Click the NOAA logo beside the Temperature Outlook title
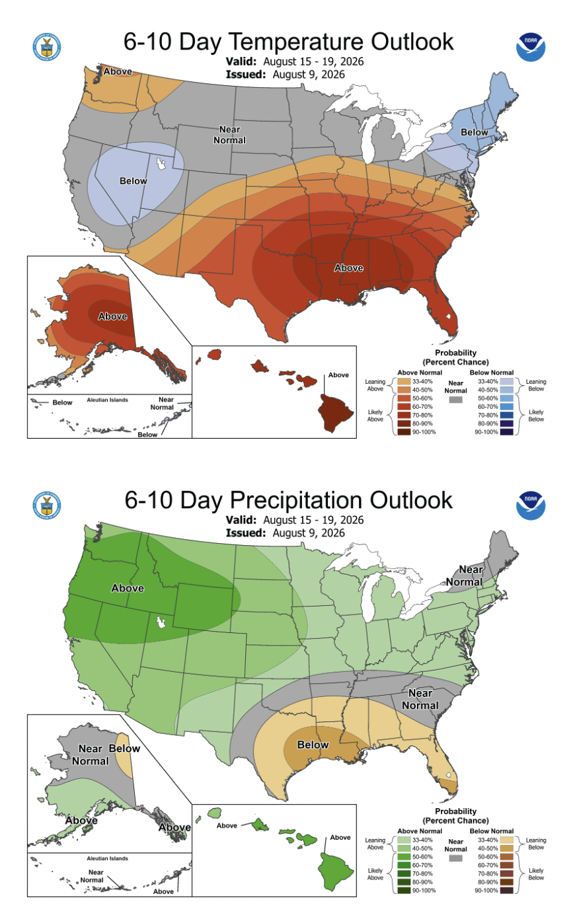(531, 48)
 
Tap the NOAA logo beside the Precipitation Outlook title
(531, 505)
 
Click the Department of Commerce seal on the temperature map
(47, 46)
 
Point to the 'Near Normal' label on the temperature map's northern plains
(229, 135)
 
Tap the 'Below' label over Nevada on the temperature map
(134, 181)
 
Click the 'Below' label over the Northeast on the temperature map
(474, 132)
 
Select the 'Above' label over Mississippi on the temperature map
(349, 268)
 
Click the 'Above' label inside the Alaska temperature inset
(112, 316)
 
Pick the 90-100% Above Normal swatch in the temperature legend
(404, 431)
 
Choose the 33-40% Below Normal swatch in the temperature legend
(506, 382)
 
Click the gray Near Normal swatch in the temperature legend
(455, 399)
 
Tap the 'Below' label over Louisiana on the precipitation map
(313, 745)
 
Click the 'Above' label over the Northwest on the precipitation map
(128, 589)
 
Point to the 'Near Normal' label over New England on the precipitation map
(465, 575)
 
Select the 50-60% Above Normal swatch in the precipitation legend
(404, 857)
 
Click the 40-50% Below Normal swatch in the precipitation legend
(506, 848)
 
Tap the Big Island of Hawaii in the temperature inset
(334, 413)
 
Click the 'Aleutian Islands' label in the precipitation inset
(107, 858)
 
